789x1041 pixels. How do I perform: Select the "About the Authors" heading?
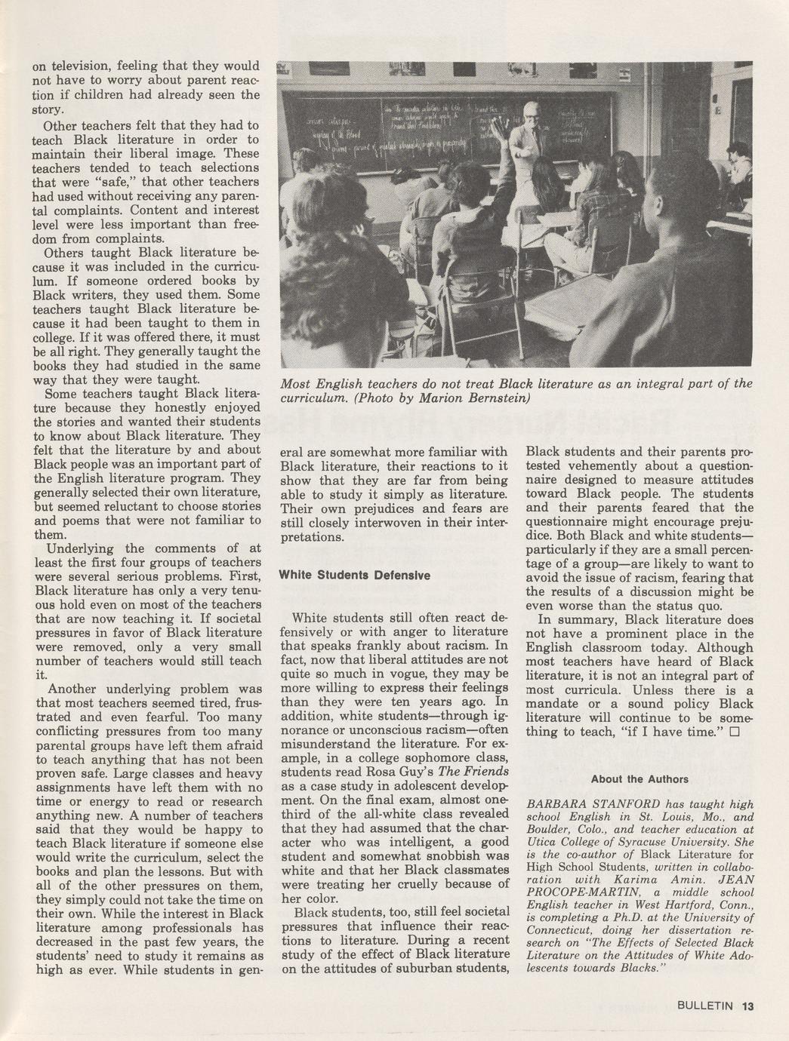click(640, 779)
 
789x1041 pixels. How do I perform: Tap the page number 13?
click(747, 1005)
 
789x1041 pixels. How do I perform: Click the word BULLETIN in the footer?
click(705, 1005)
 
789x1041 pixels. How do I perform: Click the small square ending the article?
click(735, 732)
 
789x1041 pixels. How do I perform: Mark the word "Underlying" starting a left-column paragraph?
click(80, 548)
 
